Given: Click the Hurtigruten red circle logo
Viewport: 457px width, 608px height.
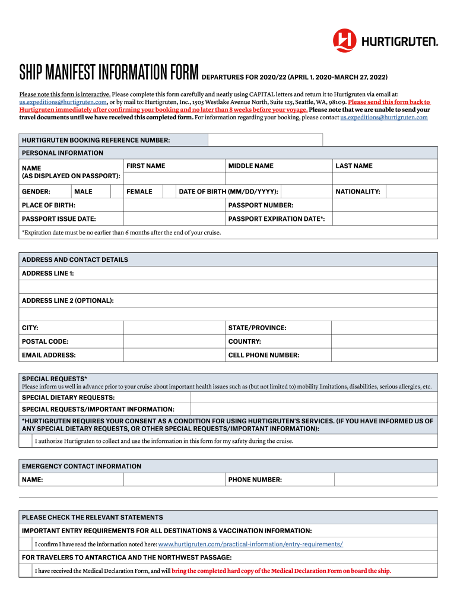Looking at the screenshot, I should tap(344, 40).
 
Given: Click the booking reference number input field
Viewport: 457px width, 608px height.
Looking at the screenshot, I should tap(265, 140).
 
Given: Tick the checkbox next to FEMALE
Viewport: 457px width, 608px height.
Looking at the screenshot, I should tap(169, 192).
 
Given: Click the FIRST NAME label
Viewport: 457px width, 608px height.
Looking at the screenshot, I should tap(145, 166).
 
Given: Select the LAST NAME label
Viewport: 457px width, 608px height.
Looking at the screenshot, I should tap(354, 166).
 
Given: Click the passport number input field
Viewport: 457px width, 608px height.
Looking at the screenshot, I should tap(385, 205).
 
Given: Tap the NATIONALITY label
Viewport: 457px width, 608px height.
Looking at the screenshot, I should tap(357, 192).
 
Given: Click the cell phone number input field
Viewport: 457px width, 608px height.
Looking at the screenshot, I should tap(385, 356).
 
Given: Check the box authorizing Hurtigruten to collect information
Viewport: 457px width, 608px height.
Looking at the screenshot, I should tap(26, 441).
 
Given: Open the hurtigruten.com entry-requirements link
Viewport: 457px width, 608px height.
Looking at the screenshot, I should tap(250, 544).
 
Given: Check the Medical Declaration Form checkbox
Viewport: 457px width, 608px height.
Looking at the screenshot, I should tap(26, 571).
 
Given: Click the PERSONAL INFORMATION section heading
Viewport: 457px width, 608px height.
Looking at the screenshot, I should tap(62, 153).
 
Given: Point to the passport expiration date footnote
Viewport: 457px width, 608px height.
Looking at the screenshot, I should tap(121, 233).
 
